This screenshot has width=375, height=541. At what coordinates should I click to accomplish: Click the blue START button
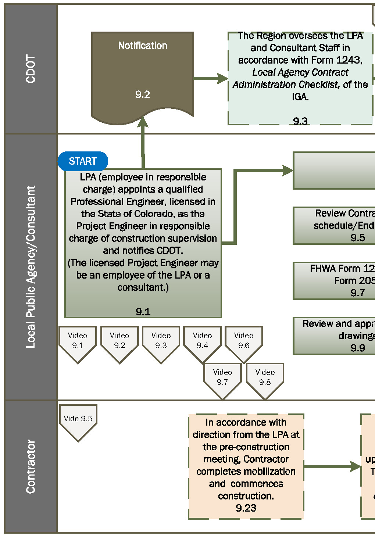coord(83,161)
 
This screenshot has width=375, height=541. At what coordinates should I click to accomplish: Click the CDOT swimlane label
coord(31,69)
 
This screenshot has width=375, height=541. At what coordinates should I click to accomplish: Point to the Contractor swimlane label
coord(31,466)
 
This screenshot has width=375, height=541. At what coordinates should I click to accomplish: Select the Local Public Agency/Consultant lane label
coord(31,267)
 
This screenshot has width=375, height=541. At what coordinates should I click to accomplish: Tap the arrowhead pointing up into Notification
coord(143,122)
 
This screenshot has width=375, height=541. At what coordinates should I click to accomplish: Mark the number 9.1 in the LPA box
coord(143,312)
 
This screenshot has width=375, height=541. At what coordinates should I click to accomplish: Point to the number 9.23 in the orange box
coord(246,508)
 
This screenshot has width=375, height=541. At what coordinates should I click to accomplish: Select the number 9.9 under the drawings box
coord(358,348)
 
